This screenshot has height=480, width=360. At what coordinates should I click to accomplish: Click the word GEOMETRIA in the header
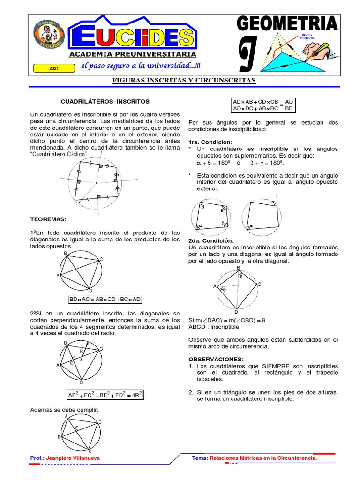(x=287, y=23)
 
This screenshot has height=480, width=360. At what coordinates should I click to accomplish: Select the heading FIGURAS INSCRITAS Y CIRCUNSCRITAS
(x=184, y=81)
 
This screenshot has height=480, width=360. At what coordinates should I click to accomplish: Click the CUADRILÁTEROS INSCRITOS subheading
(x=106, y=101)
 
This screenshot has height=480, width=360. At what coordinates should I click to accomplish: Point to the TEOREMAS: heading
(x=49, y=219)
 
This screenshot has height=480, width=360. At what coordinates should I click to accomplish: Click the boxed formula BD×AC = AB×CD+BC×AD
(x=105, y=299)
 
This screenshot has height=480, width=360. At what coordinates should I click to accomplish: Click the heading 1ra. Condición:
(x=210, y=142)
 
